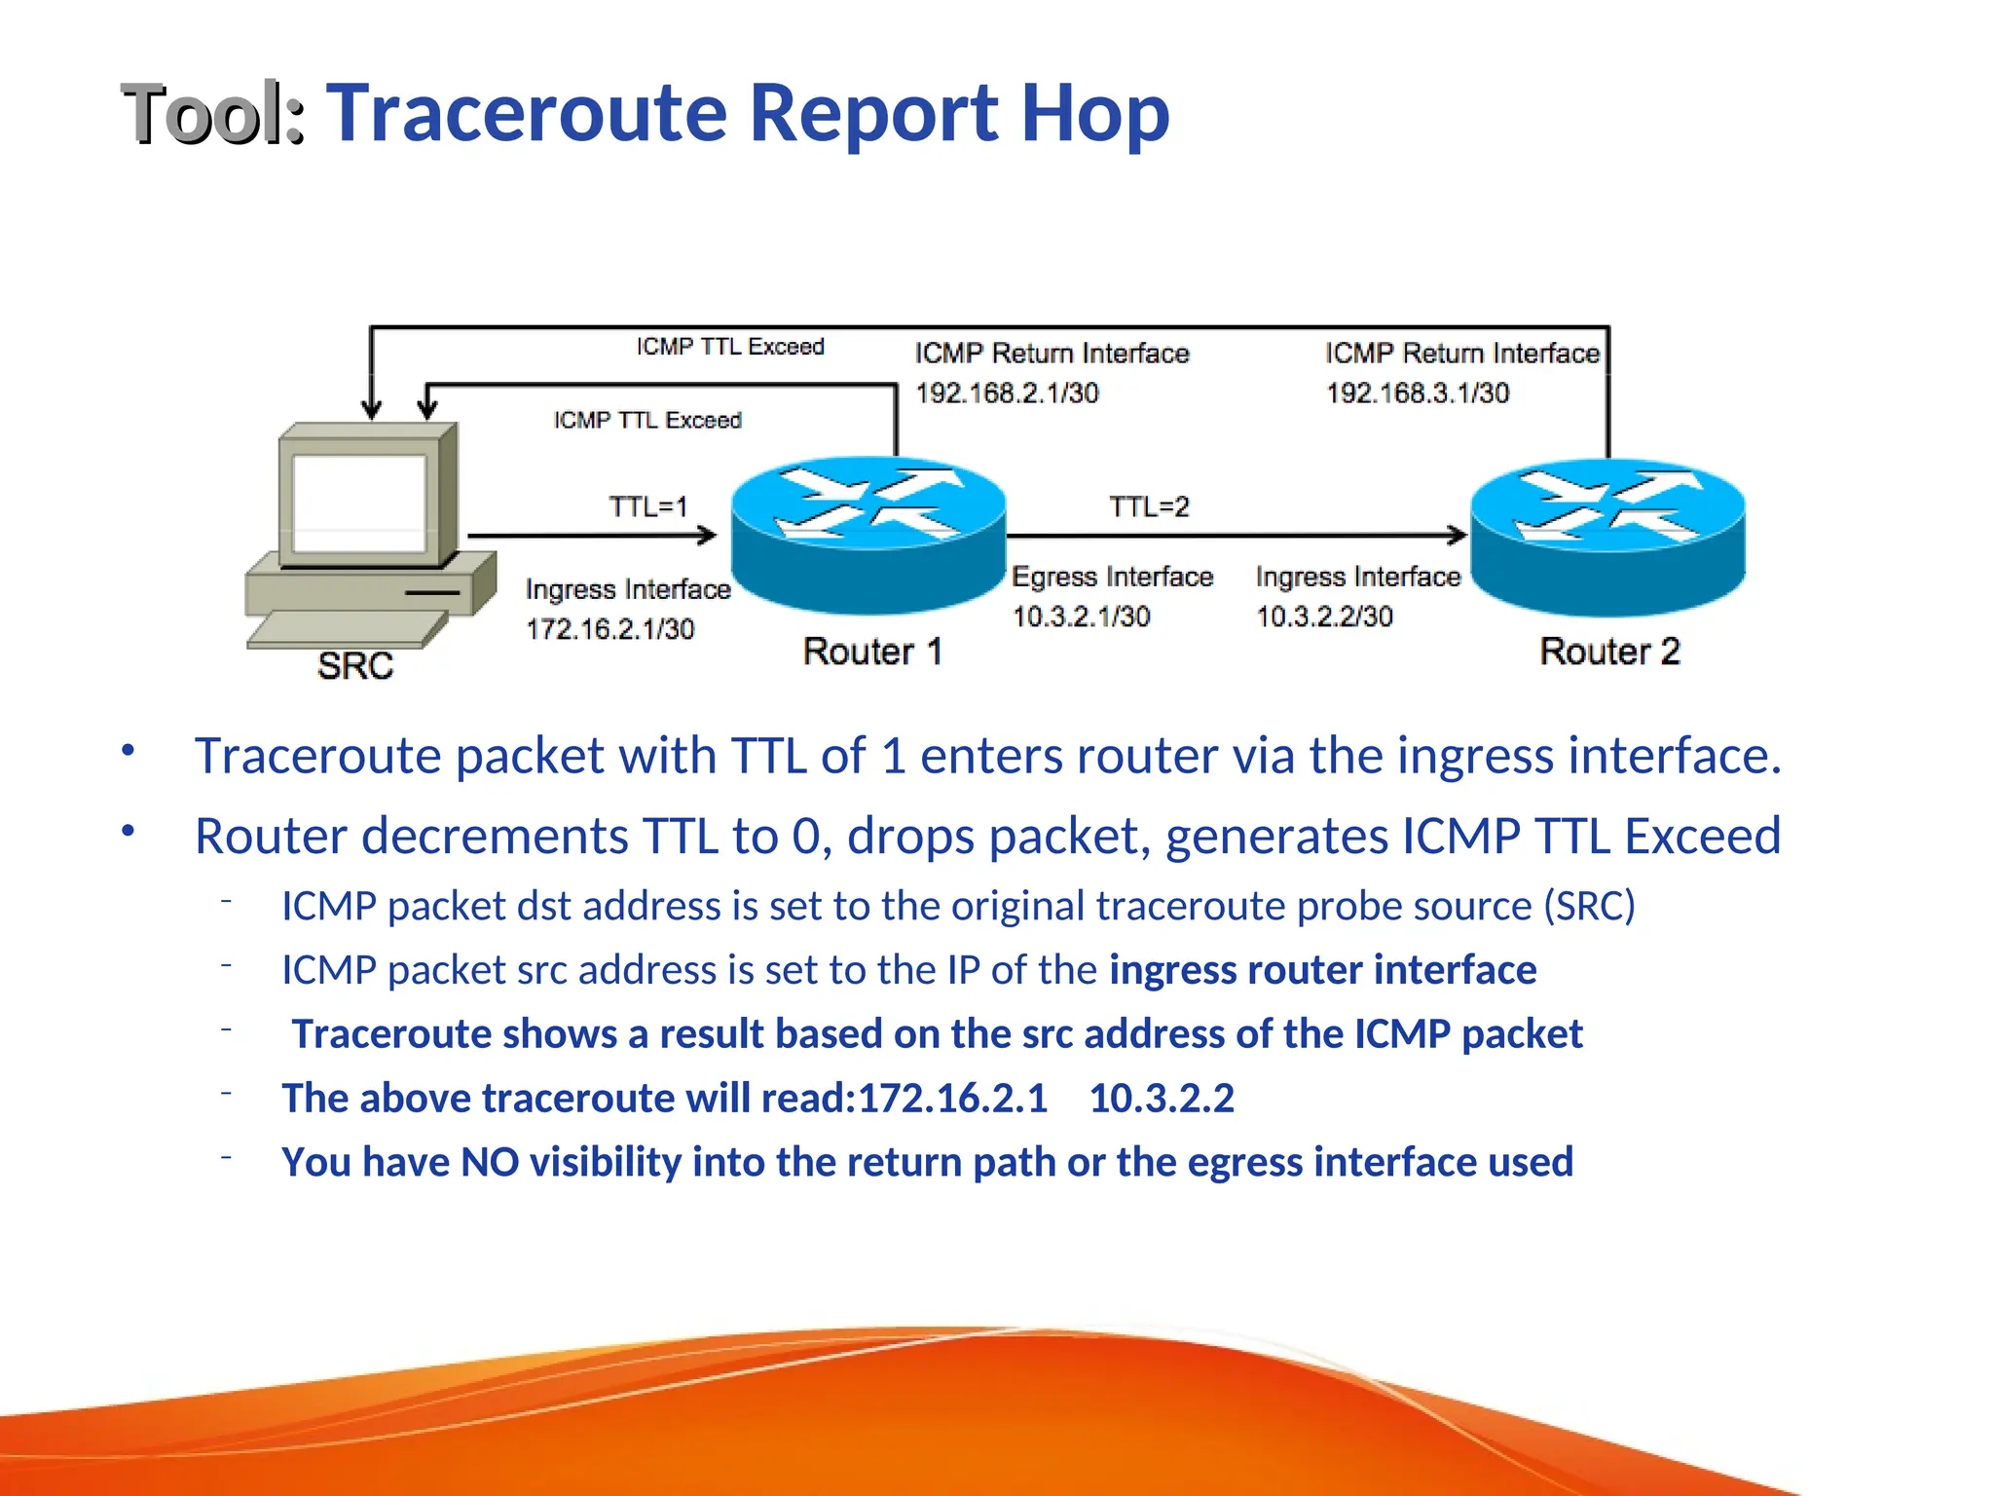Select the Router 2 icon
coord(1606,536)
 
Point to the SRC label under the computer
coord(355,666)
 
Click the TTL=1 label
coord(648,506)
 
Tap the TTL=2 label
coord(1149,506)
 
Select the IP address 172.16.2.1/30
coord(610,629)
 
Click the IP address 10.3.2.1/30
coord(1081,617)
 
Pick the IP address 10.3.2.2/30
coord(1324,617)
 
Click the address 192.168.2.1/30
coord(1007,393)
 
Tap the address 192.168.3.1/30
coord(1418,393)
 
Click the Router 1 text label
coord(872,651)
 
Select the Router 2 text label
coord(1609,651)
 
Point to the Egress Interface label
coord(1112,577)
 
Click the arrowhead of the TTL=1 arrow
coord(709,534)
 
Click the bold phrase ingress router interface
coord(1322,970)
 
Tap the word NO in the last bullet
coord(490,1162)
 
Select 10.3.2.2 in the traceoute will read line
coord(1162,1099)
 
